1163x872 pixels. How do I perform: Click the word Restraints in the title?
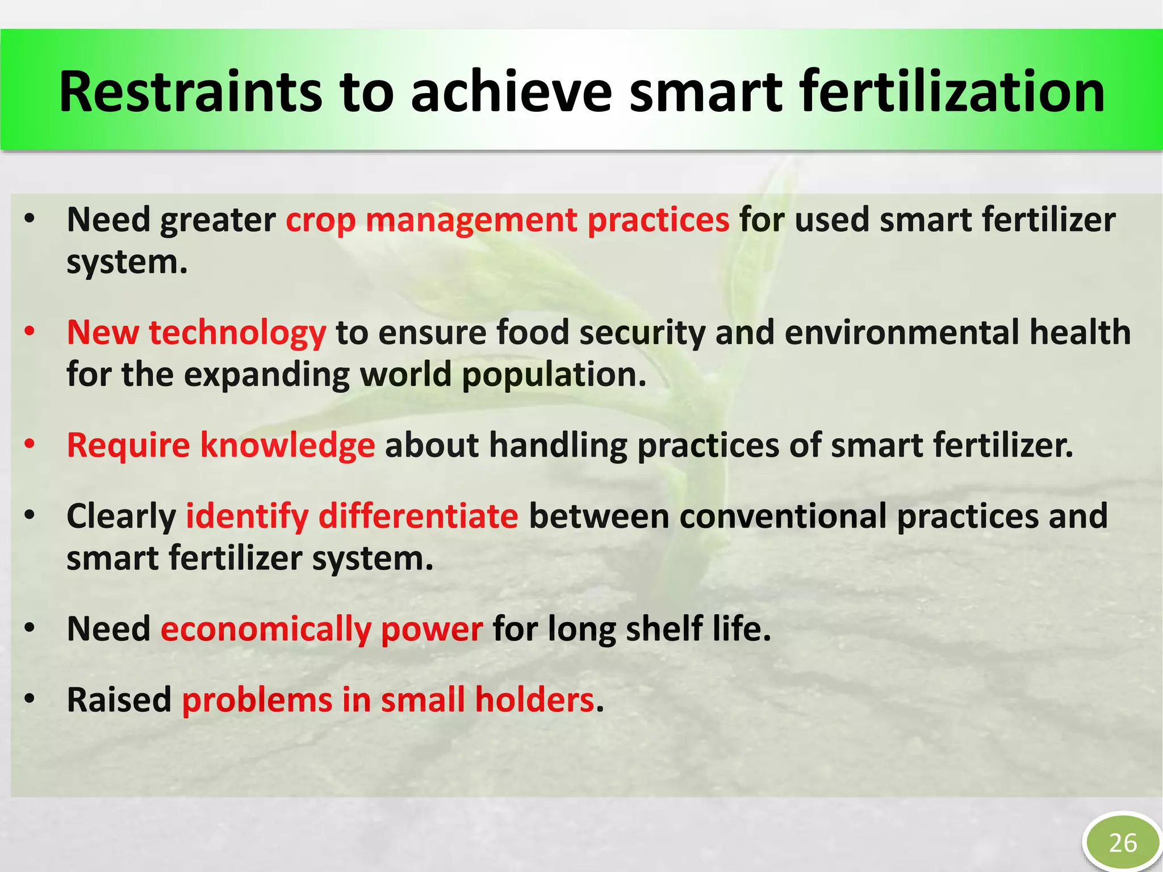pyautogui.click(x=190, y=92)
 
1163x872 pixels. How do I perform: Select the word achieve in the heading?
pyautogui.click(x=511, y=92)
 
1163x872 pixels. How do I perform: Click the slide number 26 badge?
pyautogui.click(x=1122, y=843)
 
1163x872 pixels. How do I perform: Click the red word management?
pyautogui.click(x=471, y=221)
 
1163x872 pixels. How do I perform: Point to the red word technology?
pyautogui.click(x=237, y=333)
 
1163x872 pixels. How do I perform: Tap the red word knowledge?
pyautogui.click(x=287, y=445)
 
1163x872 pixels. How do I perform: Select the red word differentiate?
pyautogui.click(x=418, y=516)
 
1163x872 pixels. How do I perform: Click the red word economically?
pyautogui.click(x=266, y=630)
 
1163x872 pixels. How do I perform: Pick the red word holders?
pyautogui.click(x=534, y=700)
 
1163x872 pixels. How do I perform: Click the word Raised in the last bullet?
pyautogui.click(x=119, y=700)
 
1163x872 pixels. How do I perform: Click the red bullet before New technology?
pyautogui.click(x=30, y=331)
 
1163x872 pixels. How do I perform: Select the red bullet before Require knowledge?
pyautogui.click(x=30, y=443)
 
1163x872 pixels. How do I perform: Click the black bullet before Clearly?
pyautogui.click(x=30, y=515)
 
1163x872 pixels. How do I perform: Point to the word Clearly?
pyautogui.click(x=121, y=517)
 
